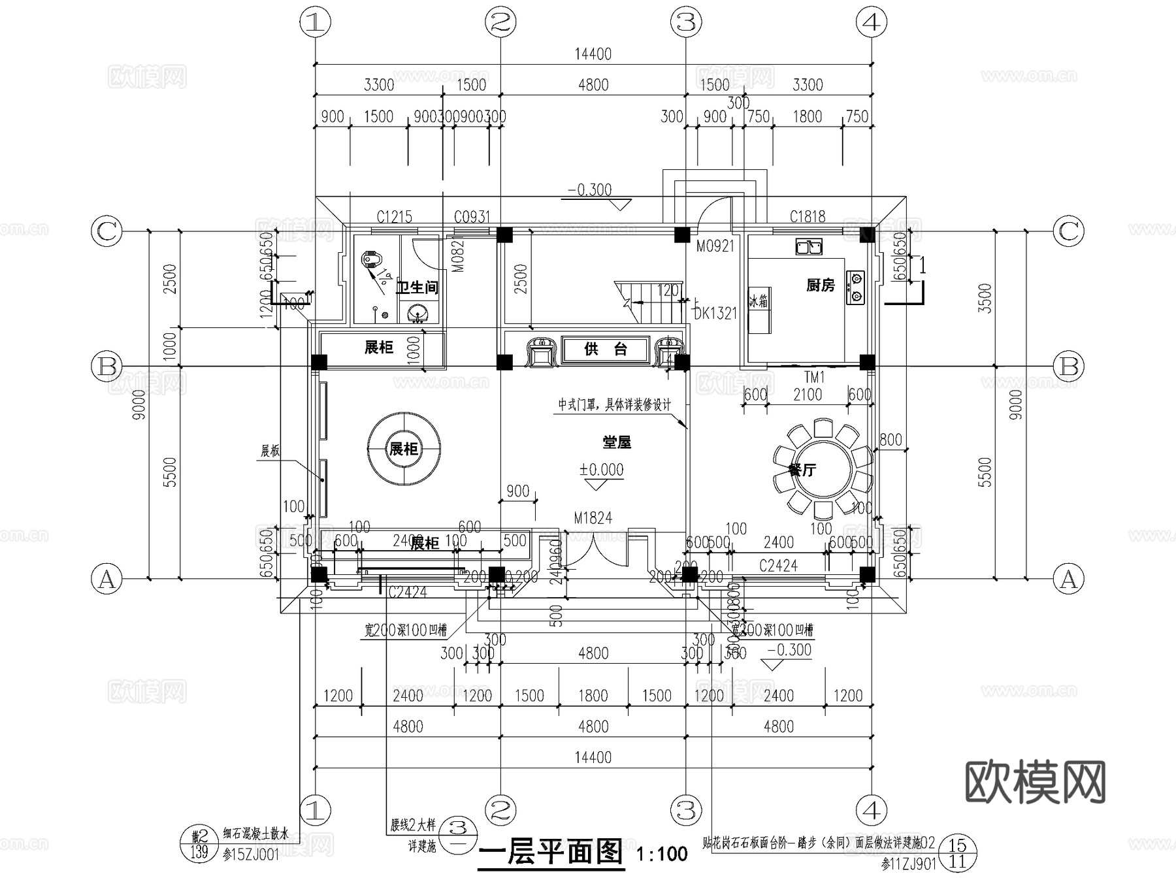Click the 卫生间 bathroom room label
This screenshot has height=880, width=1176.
coord(417,287)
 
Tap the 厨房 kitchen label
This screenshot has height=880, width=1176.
coord(820,285)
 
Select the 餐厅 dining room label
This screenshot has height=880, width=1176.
coord(802,470)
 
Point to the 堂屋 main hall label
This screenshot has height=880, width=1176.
coord(616,442)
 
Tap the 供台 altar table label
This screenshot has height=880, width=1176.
coord(605,350)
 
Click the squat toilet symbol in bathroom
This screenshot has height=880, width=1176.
coord(370,261)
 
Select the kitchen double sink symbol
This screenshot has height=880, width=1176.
coord(809,247)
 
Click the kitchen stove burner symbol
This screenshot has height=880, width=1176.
coord(855,287)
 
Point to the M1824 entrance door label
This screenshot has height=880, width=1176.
coord(593,518)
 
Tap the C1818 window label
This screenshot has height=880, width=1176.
coord(807,216)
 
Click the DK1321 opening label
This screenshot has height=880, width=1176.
coord(715,314)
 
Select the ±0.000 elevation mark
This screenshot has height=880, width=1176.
coord(601,470)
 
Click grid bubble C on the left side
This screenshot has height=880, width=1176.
coord(106,231)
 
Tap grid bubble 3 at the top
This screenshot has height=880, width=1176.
coord(685,23)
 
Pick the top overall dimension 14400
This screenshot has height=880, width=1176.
coord(593,54)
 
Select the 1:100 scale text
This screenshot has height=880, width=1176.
coord(662,854)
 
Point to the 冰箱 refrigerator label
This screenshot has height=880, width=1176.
coord(759,302)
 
